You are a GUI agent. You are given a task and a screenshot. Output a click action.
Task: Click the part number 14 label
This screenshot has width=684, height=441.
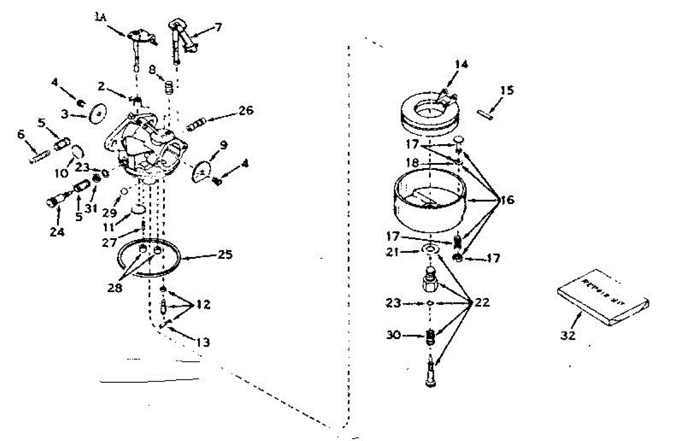461,65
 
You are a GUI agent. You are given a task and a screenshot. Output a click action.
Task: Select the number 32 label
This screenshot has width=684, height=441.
568,336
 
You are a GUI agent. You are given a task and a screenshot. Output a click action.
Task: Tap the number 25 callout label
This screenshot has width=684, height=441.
225,255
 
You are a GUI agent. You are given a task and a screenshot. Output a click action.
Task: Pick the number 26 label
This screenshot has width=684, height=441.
246,110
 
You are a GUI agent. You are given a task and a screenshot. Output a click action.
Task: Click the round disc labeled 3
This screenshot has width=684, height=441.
99,115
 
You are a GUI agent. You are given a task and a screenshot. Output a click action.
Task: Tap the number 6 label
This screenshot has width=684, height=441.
21,134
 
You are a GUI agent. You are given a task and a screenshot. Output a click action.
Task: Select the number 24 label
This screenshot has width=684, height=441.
57,231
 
